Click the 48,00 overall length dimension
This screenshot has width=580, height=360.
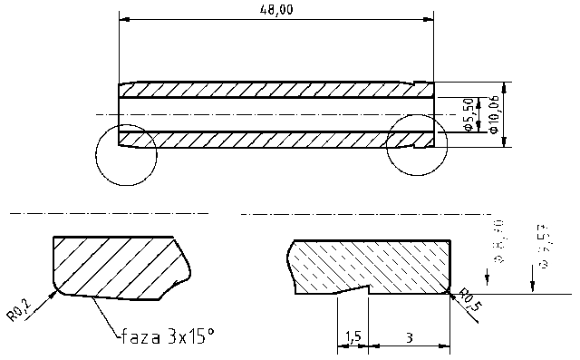276,9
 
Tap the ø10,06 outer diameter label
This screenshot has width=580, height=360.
493,115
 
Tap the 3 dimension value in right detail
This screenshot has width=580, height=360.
410,337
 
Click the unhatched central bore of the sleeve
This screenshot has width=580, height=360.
272,115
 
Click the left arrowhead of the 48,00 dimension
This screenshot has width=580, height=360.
123,17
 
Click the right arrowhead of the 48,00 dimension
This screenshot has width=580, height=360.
430,17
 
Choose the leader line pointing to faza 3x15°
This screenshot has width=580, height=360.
105,316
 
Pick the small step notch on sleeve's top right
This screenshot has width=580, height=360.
422,83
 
